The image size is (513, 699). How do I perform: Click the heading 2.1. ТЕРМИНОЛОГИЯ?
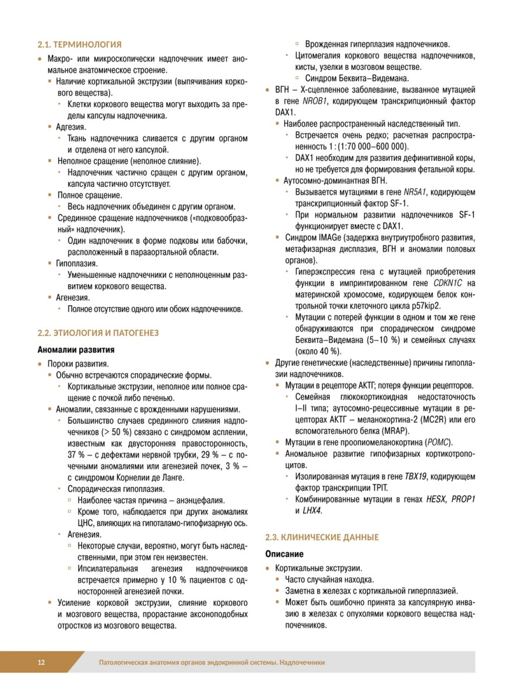point(79,44)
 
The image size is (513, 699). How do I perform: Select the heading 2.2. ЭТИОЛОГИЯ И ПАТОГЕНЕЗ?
point(98,333)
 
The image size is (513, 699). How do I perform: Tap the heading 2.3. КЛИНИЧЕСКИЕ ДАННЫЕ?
point(322,536)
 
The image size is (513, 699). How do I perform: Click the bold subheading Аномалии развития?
point(76,350)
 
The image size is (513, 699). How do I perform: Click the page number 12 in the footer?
point(41,662)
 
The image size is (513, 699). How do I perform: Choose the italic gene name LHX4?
point(312,510)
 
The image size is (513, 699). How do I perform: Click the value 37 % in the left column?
point(76,454)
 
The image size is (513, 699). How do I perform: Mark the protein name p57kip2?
point(423,305)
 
